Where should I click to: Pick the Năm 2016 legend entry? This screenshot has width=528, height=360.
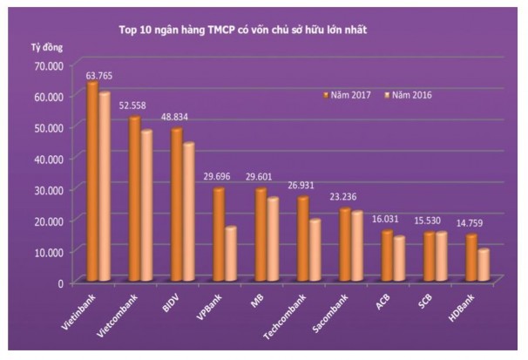pyautogui.click(x=410, y=93)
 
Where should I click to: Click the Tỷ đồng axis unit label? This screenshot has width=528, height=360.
pyautogui.click(x=36, y=44)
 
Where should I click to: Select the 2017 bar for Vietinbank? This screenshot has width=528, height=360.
pyautogui.click(x=91, y=182)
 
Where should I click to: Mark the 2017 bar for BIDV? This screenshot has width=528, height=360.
pyautogui.click(x=176, y=206)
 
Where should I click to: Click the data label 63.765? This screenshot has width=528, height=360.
pyautogui.click(x=98, y=76)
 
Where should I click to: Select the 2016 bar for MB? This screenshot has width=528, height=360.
pyautogui.click(x=272, y=240)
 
